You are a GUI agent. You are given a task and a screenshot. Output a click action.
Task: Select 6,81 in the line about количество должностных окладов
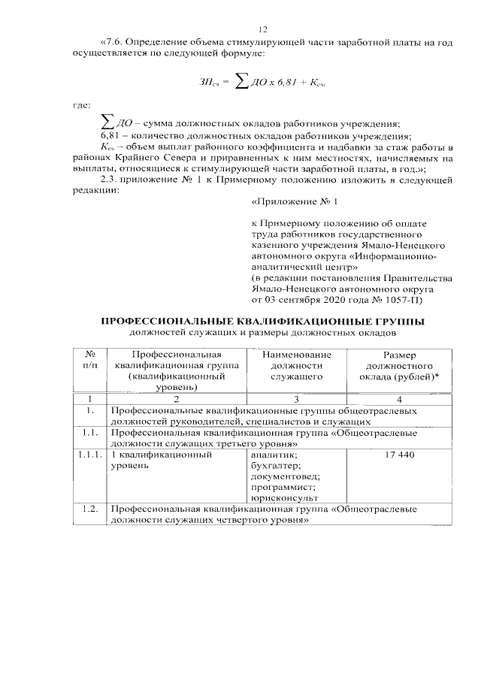[110, 136]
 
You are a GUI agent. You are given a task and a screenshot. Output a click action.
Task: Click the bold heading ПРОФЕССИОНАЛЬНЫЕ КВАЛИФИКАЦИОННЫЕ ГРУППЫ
[263, 321]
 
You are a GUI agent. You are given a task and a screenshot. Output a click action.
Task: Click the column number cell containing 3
[297, 398]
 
